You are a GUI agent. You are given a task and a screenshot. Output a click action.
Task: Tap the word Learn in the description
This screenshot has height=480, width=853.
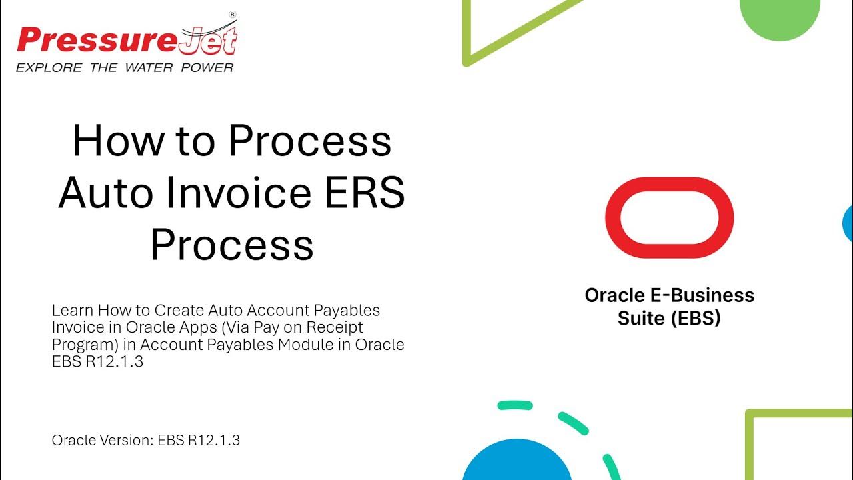(x=73, y=310)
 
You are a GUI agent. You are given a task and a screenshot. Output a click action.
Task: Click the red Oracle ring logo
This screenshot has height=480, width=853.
(x=669, y=217)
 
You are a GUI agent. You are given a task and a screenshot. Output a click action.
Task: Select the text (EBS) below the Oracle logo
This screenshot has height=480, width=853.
(x=696, y=318)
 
